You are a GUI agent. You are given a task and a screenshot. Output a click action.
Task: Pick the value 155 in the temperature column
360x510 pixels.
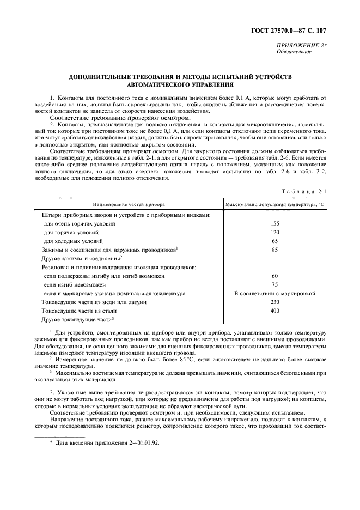pos(274,223)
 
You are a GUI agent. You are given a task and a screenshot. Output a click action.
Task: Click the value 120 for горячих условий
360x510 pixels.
pos(274,232)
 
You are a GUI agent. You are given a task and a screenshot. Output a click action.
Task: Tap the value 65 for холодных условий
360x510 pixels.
pos(274,241)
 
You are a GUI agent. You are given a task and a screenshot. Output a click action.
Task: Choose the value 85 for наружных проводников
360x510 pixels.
pos(274,250)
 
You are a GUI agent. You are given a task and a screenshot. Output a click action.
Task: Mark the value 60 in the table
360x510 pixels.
pos(274,276)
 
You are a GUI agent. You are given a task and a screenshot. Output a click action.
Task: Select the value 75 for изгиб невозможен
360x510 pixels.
pos(274,284)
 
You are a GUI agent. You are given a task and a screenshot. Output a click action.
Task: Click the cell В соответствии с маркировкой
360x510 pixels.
pos(274,293)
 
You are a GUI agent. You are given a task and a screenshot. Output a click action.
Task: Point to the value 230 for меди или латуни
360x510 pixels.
pos(274,302)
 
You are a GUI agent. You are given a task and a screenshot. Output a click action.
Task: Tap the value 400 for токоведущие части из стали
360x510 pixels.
pos(274,311)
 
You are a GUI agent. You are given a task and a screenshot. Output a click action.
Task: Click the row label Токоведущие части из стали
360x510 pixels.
pos(78,311)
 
